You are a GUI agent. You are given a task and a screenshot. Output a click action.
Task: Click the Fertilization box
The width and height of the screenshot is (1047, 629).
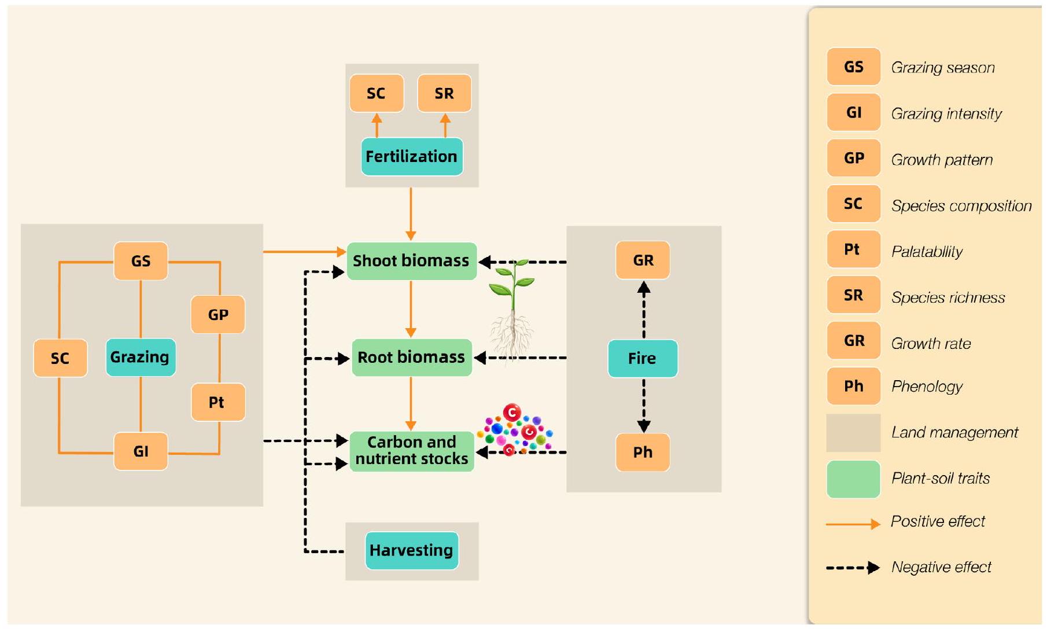(411, 156)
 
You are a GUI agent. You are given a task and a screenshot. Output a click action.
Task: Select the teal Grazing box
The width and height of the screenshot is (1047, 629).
(140, 357)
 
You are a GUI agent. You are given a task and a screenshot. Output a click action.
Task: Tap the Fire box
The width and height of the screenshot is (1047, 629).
(642, 358)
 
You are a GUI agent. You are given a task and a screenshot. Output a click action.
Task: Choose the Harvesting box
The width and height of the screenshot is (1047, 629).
(411, 550)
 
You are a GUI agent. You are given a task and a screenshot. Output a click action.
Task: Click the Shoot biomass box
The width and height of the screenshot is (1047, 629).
(411, 261)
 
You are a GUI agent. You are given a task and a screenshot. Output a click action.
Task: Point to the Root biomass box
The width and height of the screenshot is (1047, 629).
(411, 358)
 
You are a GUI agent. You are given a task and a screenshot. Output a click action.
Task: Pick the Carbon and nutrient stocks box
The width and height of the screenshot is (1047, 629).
(411, 451)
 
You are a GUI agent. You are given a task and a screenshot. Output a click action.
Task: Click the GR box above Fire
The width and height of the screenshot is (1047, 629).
(643, 260)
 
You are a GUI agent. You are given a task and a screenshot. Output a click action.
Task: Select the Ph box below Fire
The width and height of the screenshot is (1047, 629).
(643, 452)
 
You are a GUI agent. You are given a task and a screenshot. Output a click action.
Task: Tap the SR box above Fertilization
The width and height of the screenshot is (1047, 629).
(444, 93)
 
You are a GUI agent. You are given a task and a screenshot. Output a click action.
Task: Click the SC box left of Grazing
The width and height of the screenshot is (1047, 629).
(60, 358)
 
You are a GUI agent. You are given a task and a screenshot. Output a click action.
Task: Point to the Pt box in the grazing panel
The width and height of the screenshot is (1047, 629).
(217, 402)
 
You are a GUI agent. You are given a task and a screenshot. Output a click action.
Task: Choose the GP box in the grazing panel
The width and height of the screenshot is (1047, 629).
(218, 315)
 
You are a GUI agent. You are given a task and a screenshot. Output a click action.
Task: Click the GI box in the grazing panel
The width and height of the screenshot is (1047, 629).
(141, 451)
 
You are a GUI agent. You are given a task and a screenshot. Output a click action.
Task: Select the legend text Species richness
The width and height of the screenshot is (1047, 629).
(948, 297)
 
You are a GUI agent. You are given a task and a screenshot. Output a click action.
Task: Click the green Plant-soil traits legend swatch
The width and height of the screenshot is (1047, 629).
(853, 479)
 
